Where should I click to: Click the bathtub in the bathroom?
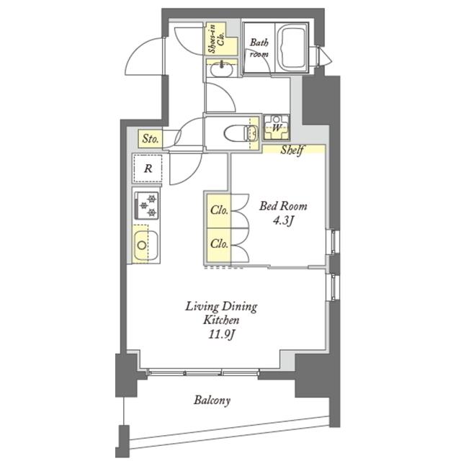pyautogui.click(x=292, y=48)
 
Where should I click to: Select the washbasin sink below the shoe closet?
pyautogui.click(x=222, y=69)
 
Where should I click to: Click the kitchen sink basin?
pyautogui.click(x=146, y=246)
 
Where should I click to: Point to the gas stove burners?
pyautogui.click(x=146, y=205)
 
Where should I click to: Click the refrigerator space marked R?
pyautogui.click(x=147, y=169)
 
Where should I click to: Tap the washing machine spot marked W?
pyautogui.click(x=276, y=127)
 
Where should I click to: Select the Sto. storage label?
pyautogui.click(x=151, y=138)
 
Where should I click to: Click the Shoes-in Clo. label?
pyautogui.click(x=216, y=39)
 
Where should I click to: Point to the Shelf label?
pyautogui.click(x=292, y=151)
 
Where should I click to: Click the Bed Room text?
pyautogui.click(x=283, y=206)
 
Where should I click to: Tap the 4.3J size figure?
pyautogui.click(x=283, y=221)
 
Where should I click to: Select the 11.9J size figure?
pyautogui.click(x=222, y=334)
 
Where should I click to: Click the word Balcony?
pyautogui.click(x=212, y=400)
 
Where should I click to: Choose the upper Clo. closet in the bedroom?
pyautogui.click(x=219, y=210)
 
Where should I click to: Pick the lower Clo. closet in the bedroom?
pyautogui.click(x=219, y=244)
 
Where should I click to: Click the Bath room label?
pyautogui.click(x=259, y=48)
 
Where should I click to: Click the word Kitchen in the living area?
pyautogui.click(x=221, y=320)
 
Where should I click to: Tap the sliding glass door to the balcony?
pyautogui.click(x=203, y=373)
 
